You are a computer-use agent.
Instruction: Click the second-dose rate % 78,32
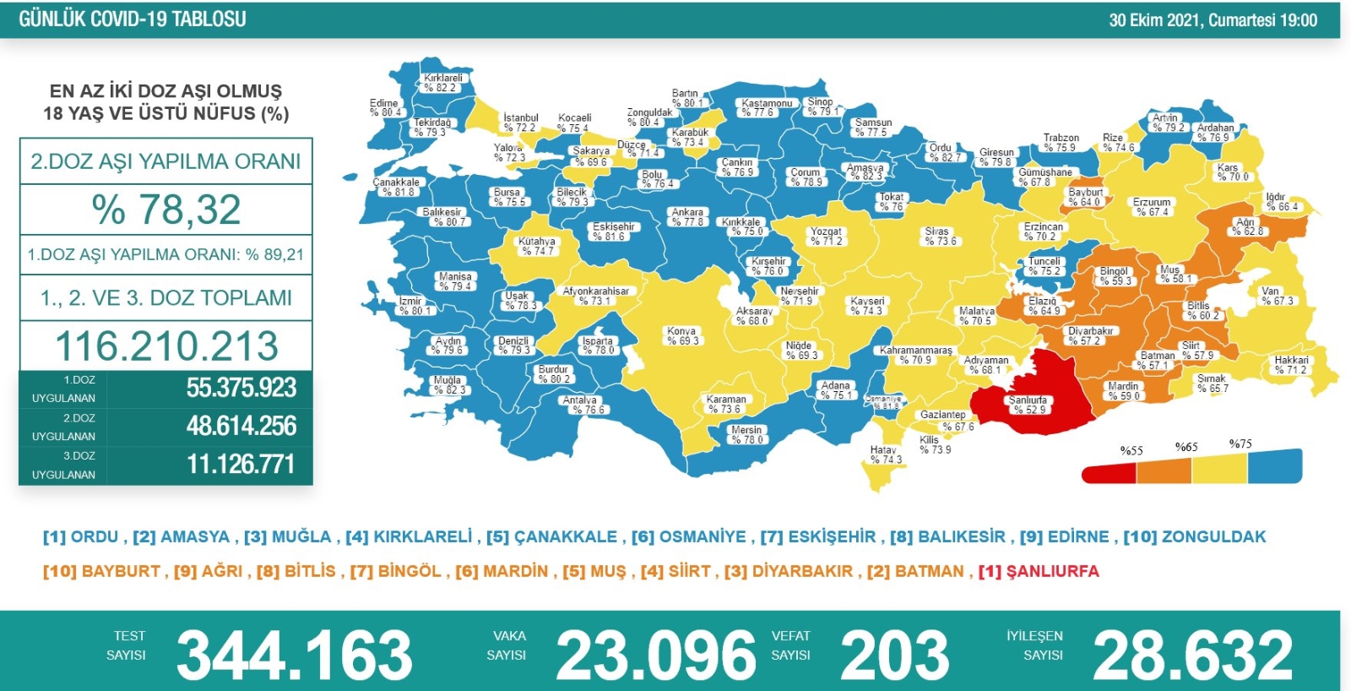(x=166, y=209)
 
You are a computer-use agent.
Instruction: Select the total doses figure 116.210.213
(x=166, y=345)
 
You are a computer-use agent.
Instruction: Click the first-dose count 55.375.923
(x=241, y=388)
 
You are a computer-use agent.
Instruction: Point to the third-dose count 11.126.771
(x=241, y=464)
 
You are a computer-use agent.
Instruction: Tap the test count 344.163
(x=294, y=656)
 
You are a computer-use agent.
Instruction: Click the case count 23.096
(x=655, y=656)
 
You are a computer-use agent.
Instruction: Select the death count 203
(x=895, y=656)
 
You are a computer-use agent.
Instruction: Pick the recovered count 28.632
(x=1192, y=656)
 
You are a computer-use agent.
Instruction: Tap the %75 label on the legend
(x=1240, y=443)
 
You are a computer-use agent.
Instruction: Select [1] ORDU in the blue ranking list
(x=81, y=536)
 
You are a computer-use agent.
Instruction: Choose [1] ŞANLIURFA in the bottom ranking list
(x=1039, y=571)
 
